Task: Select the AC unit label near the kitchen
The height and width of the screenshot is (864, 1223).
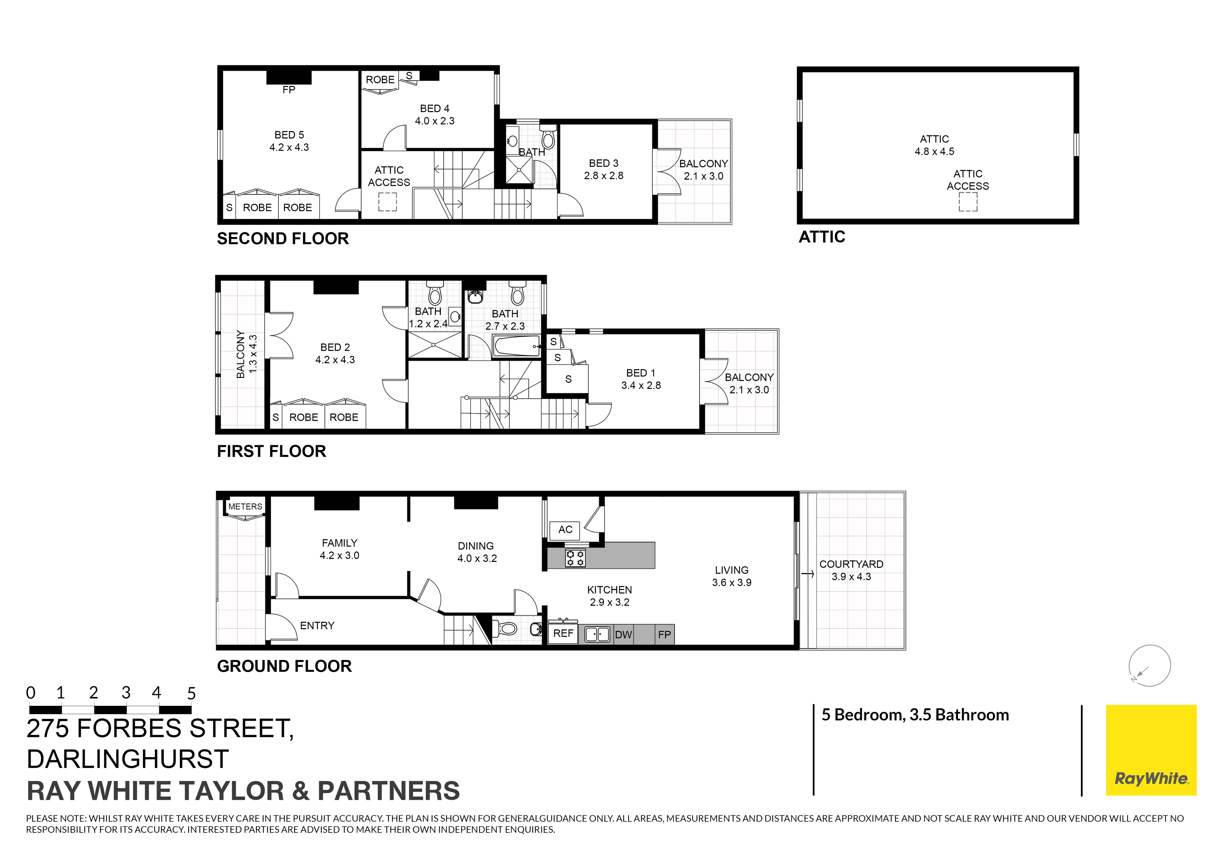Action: (x=565, y=530)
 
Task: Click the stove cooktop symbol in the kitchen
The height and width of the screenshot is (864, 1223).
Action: (x=575, y=558)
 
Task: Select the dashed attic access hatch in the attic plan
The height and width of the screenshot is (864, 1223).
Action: (x=968, y=202)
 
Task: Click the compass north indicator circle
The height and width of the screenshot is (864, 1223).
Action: (x=1149, y=665)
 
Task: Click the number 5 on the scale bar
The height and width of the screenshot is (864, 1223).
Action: (x=191, y=693)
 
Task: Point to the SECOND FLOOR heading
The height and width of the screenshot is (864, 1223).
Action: (x=283, y=238)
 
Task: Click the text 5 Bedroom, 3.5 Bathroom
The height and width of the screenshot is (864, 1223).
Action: (x=915, y=714)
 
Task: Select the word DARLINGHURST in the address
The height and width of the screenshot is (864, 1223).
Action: (x=128, y=759)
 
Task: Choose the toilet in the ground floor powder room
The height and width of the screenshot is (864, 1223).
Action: (x=507, y=629)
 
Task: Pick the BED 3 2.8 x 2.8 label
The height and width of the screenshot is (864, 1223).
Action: (x=604, y=169)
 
